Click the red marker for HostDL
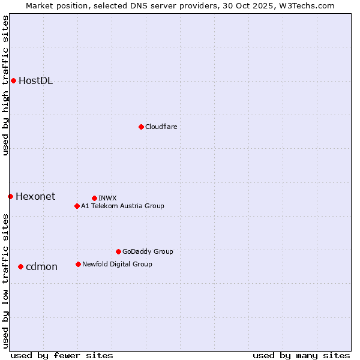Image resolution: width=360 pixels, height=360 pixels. tap(13, 80)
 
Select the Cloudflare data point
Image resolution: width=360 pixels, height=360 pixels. tap(141, 127)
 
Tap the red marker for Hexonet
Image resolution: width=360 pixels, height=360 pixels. tap(10, 196)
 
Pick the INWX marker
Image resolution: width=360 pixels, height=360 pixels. tap(94, 198)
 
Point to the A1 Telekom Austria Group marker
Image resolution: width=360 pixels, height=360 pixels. tap(77, 206)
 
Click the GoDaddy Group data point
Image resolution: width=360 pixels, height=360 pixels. tap(118, 251)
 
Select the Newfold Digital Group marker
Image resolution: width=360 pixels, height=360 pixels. tap(78, 264)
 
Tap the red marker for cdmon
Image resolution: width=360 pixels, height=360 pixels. tap(20, 266)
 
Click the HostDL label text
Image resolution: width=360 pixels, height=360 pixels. tap(35, 81)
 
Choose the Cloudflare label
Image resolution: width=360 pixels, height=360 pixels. tap(161, 127)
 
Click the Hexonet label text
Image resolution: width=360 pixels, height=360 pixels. tap(35, 196)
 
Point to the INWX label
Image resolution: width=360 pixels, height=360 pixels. tap(107, 198)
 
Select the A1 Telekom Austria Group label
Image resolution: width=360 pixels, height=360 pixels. tap(122, 206)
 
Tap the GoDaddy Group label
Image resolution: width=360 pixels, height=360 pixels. tap(148, 251)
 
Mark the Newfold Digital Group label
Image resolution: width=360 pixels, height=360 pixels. tap(117, 264)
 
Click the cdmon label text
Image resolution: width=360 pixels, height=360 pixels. tap(41, 266)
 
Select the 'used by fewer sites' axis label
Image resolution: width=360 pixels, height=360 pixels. tap(62, 355)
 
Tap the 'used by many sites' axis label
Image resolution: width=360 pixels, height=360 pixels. tap(301, 355)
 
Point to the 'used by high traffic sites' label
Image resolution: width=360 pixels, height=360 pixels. tap(5, 85)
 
